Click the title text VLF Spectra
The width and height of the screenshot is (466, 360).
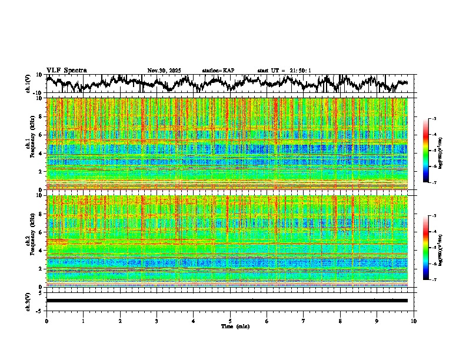[x=66, y=70]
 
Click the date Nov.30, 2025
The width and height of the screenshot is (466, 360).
[x=164, y=71]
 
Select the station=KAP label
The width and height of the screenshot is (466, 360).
[x=218, y=71]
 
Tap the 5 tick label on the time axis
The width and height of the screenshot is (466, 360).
[x=230, y=321]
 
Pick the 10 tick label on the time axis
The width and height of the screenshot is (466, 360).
[x=414, y=321]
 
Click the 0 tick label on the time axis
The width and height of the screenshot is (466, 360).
[x=46, y=321]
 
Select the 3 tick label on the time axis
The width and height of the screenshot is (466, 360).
[x=157, y=321]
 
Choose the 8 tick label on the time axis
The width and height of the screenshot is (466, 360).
[x=340, y=321]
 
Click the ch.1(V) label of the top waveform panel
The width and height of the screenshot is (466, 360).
[x=28, y=84]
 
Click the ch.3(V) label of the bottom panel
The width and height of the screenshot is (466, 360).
[x=28, y=301]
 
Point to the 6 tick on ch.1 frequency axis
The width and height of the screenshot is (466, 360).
[x=42, y=135]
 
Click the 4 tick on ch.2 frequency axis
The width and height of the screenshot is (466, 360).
[x=42, y=250]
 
